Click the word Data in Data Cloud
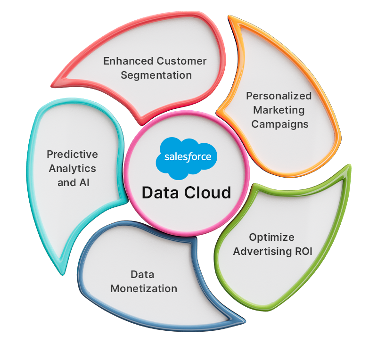tap(159, 193)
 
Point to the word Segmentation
tap(156, 75)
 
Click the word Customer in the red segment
tap(181, 61)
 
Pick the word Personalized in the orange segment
tap(279, 96)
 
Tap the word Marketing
tap(279, 110)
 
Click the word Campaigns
tap(279, 124)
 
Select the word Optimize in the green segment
tap(271, 237)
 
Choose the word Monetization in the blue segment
tap(144, 288)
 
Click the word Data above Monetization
tap(142, 274)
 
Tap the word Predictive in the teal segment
tap(72, 155)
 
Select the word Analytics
tap(72, 168)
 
